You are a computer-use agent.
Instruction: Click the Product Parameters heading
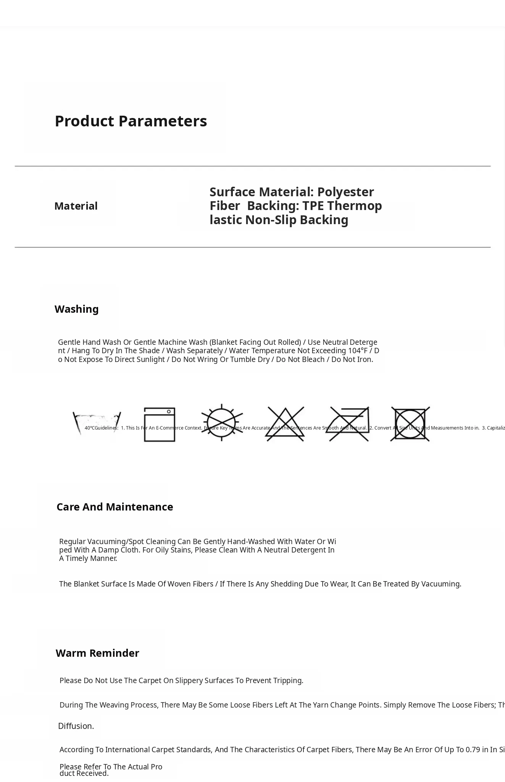pyautogui.click(x=131, y=121)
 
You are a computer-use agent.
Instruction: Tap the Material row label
pyautogui.click(x=76, y=206)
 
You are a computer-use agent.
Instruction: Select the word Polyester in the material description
pyautogui.click(x=345, y=192)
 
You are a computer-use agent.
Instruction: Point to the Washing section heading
pyautogui.click(x=76, y=309)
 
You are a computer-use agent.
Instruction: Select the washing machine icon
pyautogui.click(x=159, y=425)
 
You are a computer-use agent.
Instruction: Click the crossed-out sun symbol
pyautogui.click(x=222, y=423)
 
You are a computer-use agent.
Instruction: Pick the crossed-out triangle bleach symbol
pyautogui.click(x=285, y=424)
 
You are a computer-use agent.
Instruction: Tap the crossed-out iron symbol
pyautogui.click(x=349, y=424)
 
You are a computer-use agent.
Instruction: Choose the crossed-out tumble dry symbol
pyautogui.click(x=410, y=424)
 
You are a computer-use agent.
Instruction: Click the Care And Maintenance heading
pyautogui.click(x=115, y=507)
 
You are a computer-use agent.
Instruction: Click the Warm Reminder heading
pyautogui.click(x=97, y=653)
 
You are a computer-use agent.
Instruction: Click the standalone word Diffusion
pyautogui.click(x=76, y=726)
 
